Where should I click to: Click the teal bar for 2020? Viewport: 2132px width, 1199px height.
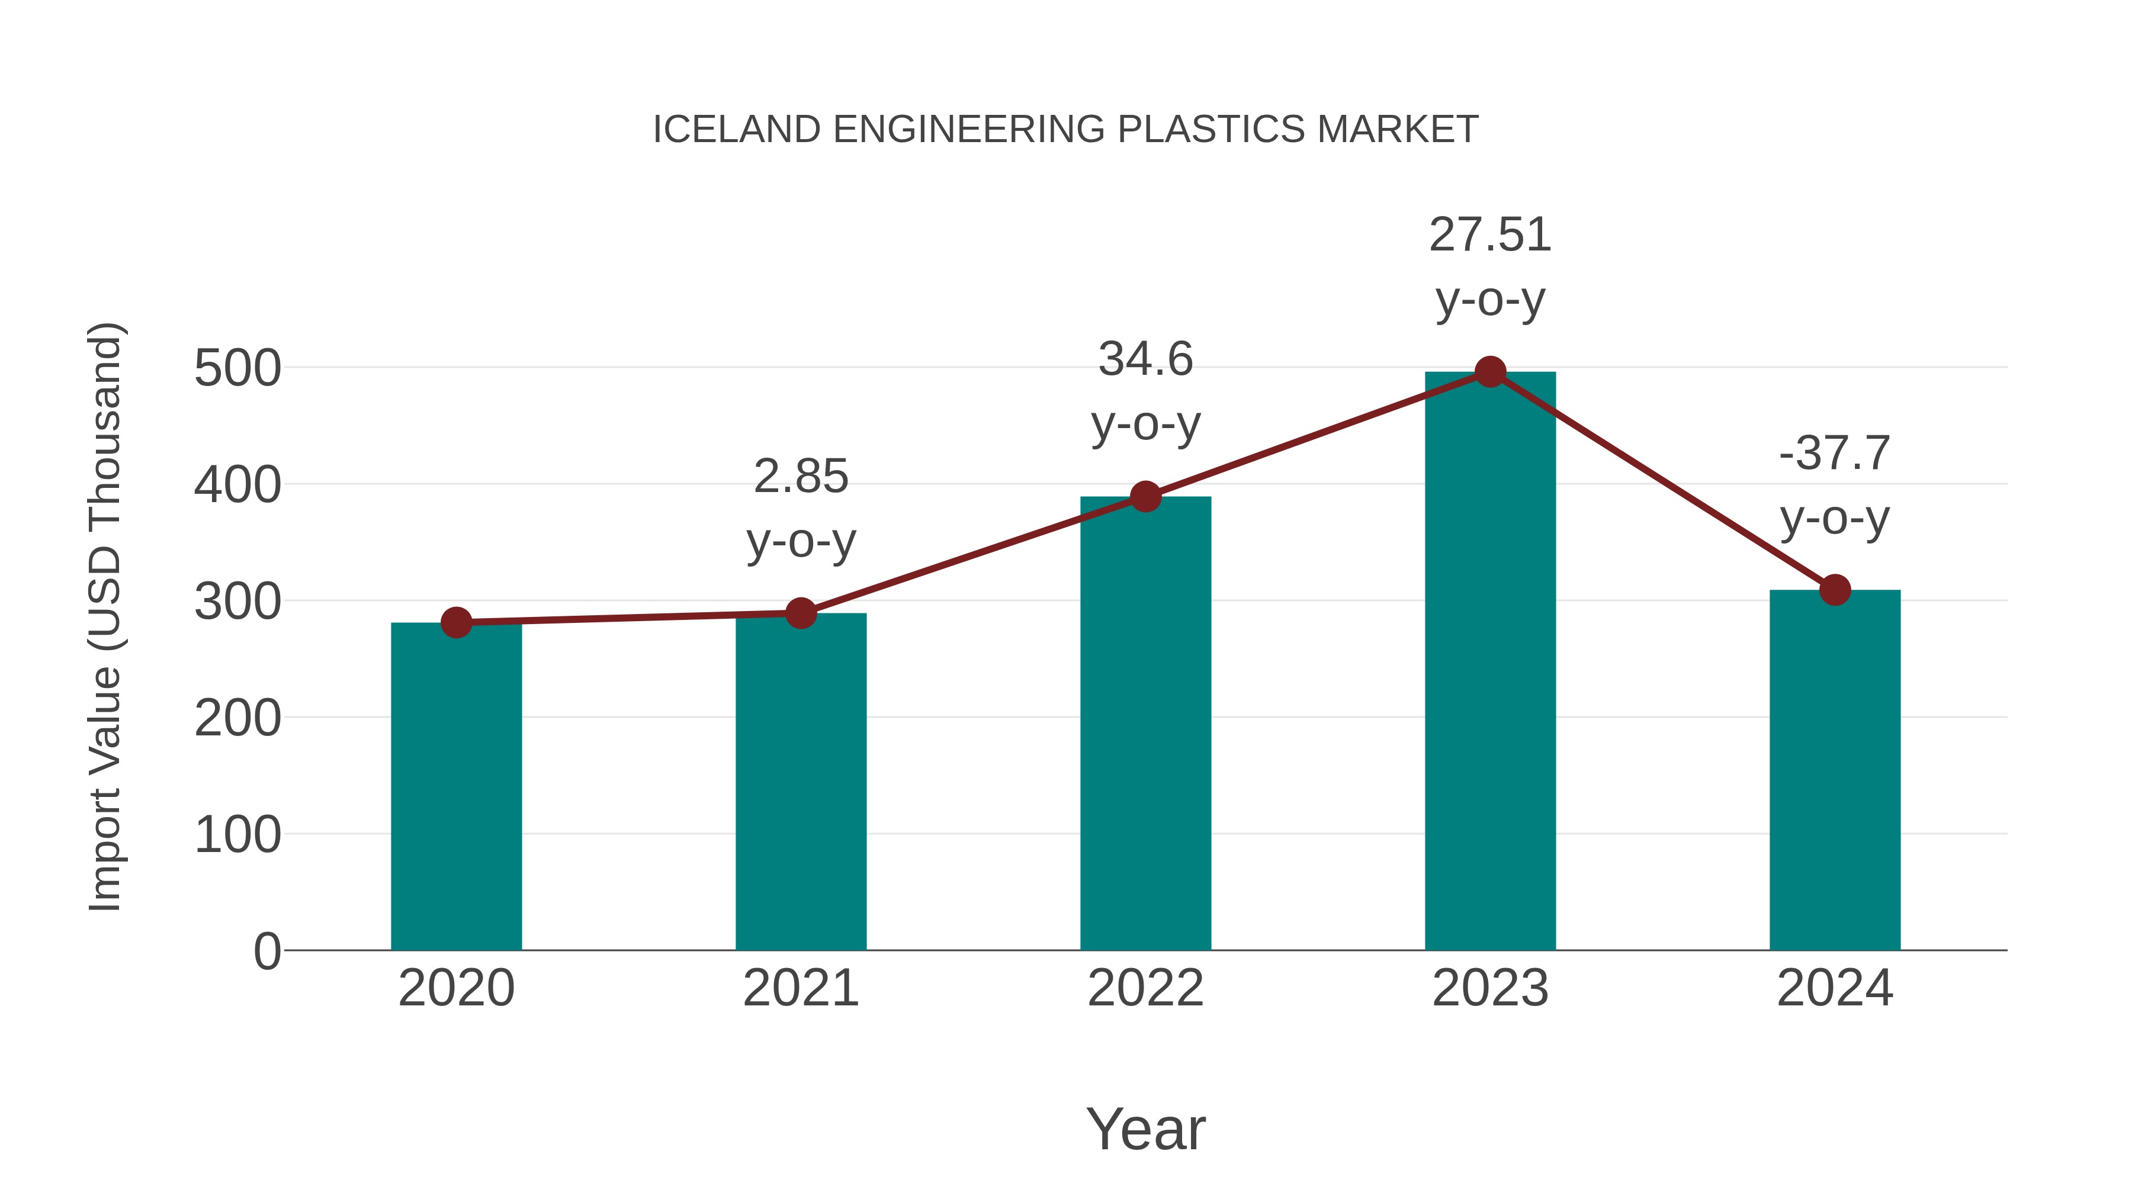(x=456, y=786)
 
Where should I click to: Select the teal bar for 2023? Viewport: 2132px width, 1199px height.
(x=1490, y=662)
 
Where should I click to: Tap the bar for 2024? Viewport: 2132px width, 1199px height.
(x=1835, y=770)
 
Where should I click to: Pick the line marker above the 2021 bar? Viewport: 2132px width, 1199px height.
(x=800, y=613)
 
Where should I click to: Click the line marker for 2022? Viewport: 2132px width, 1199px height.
(x=1145, y=497)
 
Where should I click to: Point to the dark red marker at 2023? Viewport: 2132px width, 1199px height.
(x=1490, y=372)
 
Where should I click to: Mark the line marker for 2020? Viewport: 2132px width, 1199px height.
(x=456, y=622)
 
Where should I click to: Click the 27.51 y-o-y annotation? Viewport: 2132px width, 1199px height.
(x=1490, y=266)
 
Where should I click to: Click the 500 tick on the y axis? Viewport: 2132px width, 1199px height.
(x=237, y=368)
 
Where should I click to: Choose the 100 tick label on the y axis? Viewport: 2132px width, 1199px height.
(x=237, y=835)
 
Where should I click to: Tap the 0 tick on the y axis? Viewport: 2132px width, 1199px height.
(x=266, y=952)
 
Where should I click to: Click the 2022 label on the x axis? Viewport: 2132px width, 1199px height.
(x=1145, y=988)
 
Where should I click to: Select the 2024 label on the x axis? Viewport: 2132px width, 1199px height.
(x=1835, y=988)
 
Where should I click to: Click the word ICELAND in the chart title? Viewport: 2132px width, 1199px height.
(x=737, y=129)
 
